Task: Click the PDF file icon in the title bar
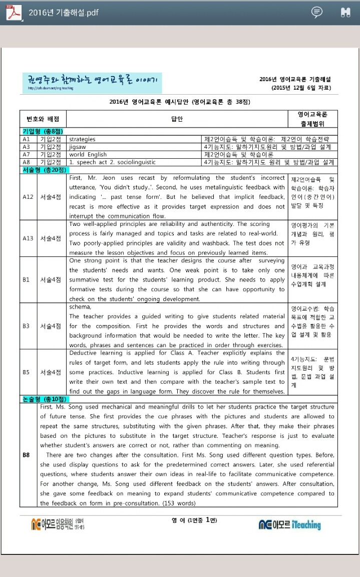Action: [14, 12]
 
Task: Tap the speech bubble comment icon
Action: [317, 12]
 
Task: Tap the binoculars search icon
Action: [345, 12]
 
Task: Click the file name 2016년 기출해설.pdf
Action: [64, 13]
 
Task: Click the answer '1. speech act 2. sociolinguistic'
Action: [112, 162]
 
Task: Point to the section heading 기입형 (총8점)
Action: [41, 131]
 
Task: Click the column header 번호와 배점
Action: [43, 119]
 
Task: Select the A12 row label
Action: [28, 197]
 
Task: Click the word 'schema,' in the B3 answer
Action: [80, 307]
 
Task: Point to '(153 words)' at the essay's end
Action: [179, 503]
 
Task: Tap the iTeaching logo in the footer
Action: [290, 524]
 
